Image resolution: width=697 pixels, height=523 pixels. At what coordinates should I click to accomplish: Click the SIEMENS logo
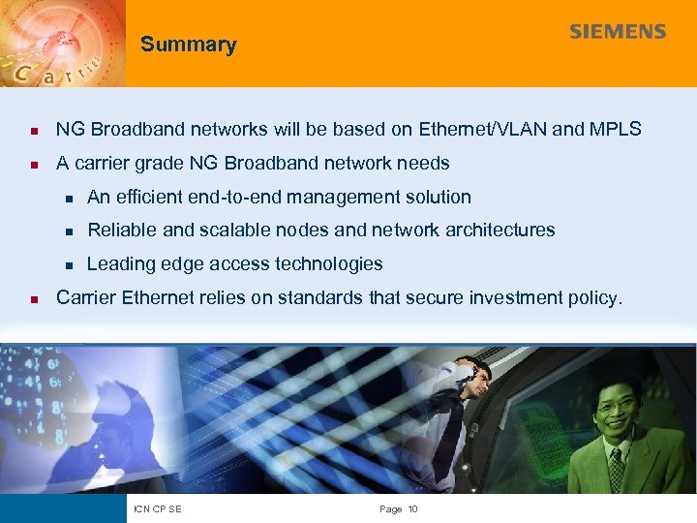618,32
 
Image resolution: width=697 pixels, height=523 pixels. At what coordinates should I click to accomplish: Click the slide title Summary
188,45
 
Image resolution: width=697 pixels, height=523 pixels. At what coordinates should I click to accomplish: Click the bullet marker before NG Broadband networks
33,130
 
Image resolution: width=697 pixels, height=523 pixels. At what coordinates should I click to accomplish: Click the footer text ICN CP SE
160,509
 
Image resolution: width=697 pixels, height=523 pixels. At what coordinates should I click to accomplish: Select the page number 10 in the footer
412,509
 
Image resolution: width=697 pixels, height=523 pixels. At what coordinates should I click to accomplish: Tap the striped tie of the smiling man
617,470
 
